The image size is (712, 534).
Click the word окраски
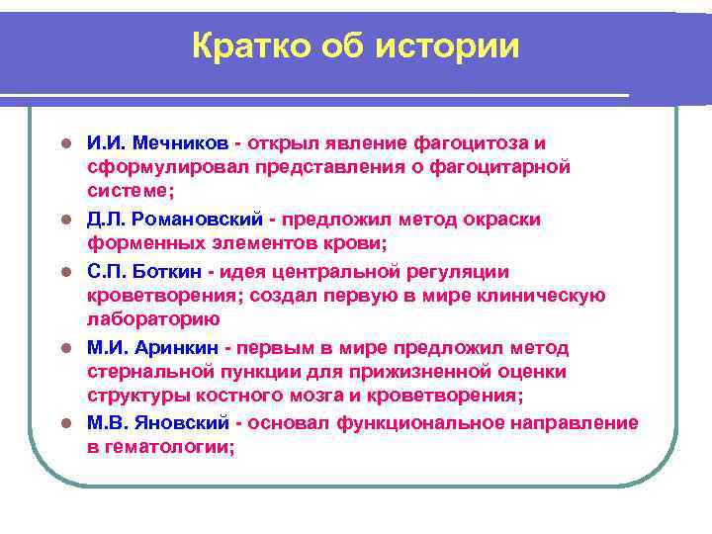point(502,220)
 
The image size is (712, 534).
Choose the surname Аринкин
point(177,348)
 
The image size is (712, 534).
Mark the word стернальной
point(153,373)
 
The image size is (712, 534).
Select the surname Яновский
point(183,423)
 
